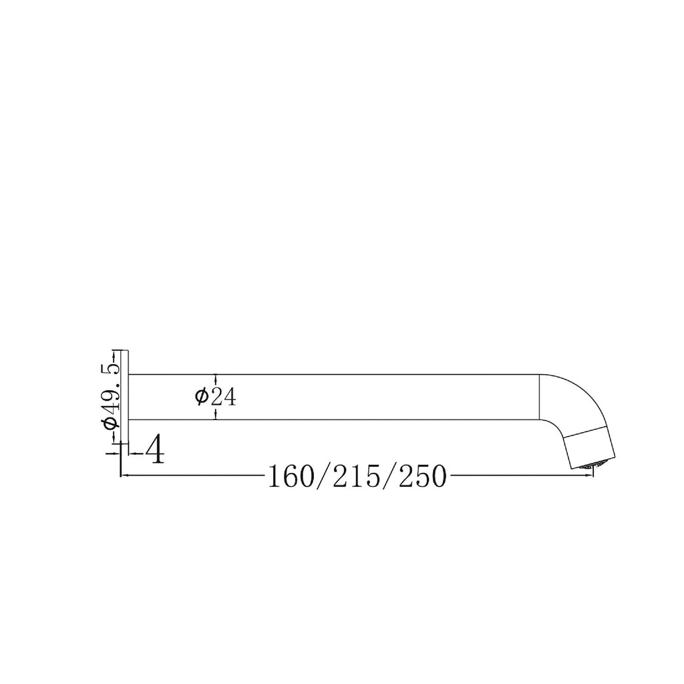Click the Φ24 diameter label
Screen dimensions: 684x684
click(216, 397)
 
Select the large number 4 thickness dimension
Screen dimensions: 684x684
click(155, 451)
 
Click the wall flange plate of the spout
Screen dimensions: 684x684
click(124, 395)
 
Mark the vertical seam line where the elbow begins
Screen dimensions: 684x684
click(539, 397)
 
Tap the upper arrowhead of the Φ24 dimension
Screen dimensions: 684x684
click(216, 378)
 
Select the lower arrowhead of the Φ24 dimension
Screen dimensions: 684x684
click(216, 415)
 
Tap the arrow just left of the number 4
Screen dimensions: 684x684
click(132, 453)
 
